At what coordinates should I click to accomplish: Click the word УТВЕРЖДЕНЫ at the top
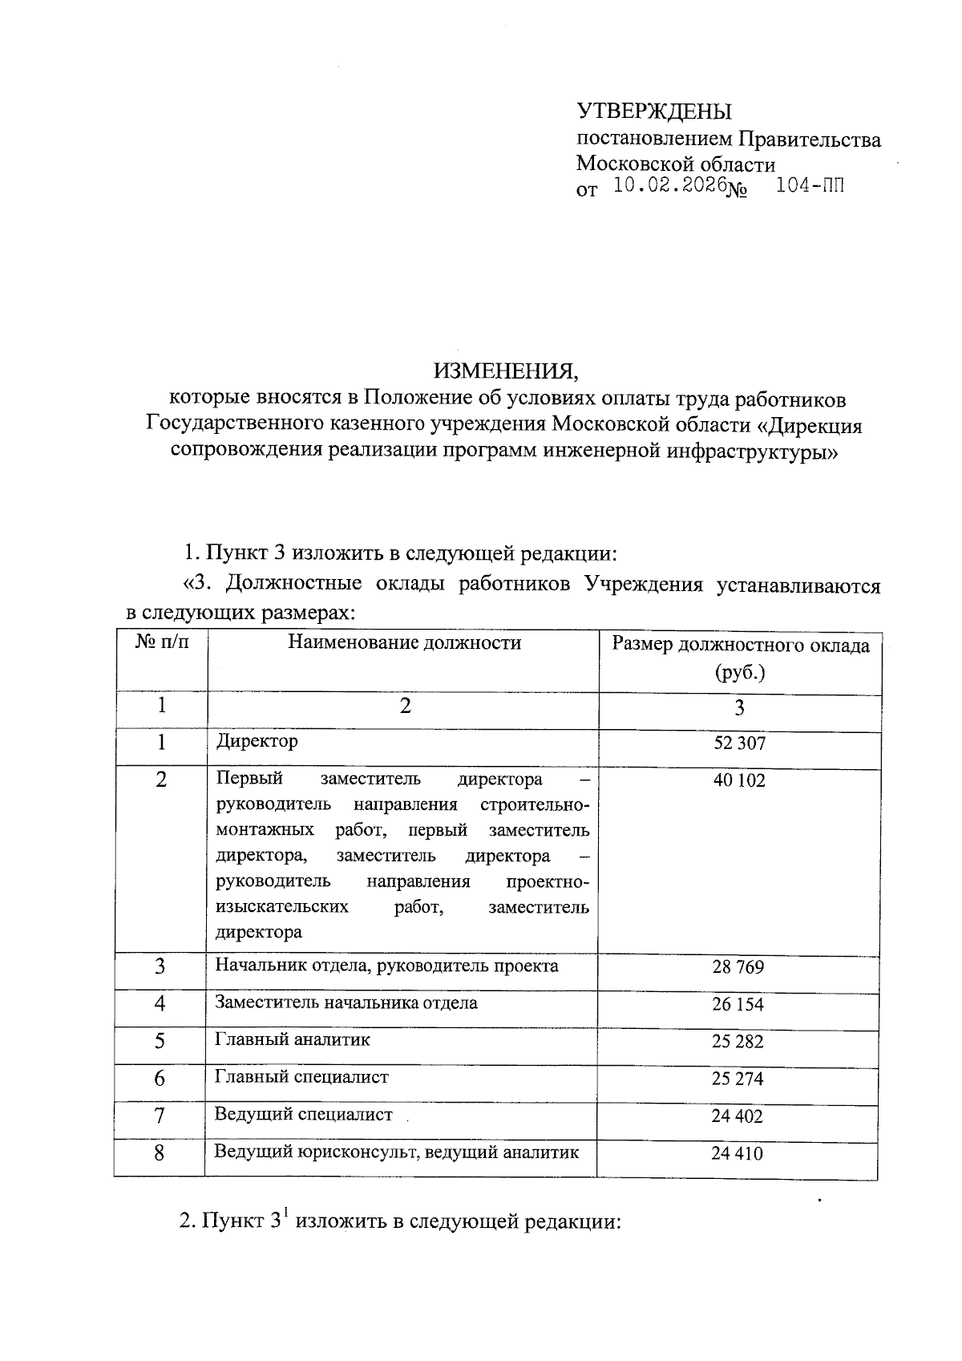pos(654,111)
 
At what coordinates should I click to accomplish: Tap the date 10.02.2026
pos(669,187)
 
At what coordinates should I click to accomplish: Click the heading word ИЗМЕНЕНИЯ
pos(505,371)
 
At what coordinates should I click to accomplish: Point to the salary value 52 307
pos(739,743)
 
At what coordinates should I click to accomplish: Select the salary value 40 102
pos(739,780)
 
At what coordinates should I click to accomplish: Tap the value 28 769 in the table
pos(738,967)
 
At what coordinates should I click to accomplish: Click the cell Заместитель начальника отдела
pos(346,1003)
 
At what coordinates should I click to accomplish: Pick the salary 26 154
pos(738,1004)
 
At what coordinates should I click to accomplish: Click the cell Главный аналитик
pos(292,1040)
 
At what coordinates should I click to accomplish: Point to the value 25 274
pos(738,1079)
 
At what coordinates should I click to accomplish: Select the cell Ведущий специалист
pos(303,1115)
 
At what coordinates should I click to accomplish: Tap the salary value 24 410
pos(737,1154)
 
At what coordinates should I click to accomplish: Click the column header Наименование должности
pos(404,642)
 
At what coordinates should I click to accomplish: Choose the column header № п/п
pos(163,642)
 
